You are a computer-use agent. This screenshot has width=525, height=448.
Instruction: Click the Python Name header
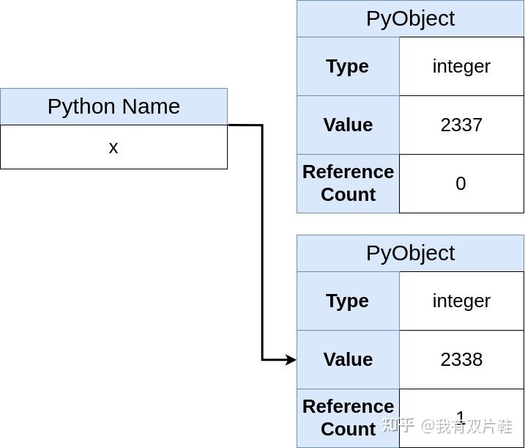coord(113,106)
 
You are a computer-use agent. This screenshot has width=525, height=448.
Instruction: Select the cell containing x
coord(113,147)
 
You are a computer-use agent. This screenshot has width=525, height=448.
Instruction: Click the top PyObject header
coord(410,18)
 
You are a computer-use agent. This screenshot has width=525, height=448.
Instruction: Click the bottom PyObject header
coord(410,253)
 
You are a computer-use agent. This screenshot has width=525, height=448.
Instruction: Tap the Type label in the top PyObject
coord(348,66)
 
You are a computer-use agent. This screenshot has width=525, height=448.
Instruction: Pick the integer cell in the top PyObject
coord(461,66)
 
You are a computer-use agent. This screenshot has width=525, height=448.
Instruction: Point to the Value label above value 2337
coord(348,125)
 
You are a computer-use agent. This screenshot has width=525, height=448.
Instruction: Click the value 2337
coord(461,125)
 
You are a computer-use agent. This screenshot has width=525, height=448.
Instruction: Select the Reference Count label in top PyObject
coord(348,183)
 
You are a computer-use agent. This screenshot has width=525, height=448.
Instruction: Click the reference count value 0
coord(461,183)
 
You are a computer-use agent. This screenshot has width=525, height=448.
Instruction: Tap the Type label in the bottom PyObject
coord(348,301)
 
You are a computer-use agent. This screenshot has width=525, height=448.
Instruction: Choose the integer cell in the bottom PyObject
coord(461,301)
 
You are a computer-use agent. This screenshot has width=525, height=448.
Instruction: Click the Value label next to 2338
coord(348,359)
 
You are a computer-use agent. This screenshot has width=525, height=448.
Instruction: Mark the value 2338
coord(461,359)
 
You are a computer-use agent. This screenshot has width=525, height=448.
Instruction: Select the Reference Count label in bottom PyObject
coord(348,417)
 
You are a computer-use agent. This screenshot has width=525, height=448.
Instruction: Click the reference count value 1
coord(461,416)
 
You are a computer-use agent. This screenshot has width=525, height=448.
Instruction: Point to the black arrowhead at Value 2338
coord(291,359)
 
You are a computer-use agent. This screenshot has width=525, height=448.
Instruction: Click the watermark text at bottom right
coord(447,426)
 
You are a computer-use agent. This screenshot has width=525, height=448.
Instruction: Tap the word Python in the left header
coord(77,107)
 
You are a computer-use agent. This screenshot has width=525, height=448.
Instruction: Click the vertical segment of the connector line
coord(262,242)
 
